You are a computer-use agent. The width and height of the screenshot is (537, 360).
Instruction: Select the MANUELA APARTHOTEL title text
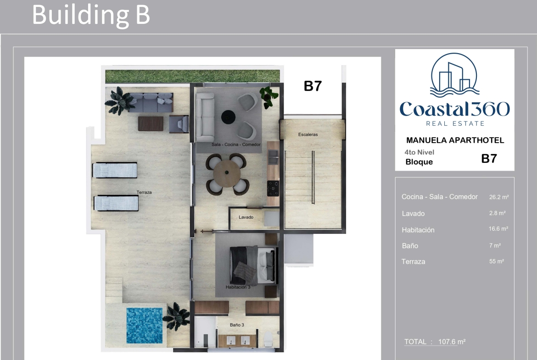pos(455,140)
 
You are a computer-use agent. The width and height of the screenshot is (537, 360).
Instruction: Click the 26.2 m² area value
pos(498,197)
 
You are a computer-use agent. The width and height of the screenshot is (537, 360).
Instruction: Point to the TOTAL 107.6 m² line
pos(435,342)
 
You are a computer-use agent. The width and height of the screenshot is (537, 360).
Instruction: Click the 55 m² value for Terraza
pos(496,261)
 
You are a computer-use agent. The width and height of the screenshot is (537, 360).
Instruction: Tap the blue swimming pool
pos(145,326)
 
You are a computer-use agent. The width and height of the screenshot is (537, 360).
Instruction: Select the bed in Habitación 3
pos(253,265)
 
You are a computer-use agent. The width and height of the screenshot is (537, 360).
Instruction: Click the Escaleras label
pos(308,134)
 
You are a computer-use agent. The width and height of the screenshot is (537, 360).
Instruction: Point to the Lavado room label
pos(246,217)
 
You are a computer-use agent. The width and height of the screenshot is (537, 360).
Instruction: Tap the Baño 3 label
pos(237,325)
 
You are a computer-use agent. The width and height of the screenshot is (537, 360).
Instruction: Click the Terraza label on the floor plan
pos(144,192)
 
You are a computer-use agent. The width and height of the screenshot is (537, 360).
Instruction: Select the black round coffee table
pos(228,117)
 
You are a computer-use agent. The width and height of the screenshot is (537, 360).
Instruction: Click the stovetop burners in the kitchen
pos(273,188)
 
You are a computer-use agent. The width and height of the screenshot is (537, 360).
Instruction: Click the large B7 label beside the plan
pos(313,86)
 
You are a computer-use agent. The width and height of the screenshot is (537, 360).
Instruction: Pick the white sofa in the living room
pos(205,117)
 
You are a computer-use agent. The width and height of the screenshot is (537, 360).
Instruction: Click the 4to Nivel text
pos(419,152)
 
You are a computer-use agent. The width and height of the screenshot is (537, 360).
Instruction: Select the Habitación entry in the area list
pos(418,230)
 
